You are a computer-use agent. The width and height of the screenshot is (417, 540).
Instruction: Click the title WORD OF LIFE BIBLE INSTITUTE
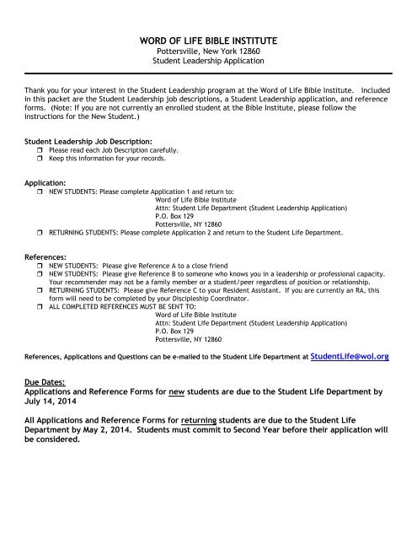[x=207, y=41]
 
